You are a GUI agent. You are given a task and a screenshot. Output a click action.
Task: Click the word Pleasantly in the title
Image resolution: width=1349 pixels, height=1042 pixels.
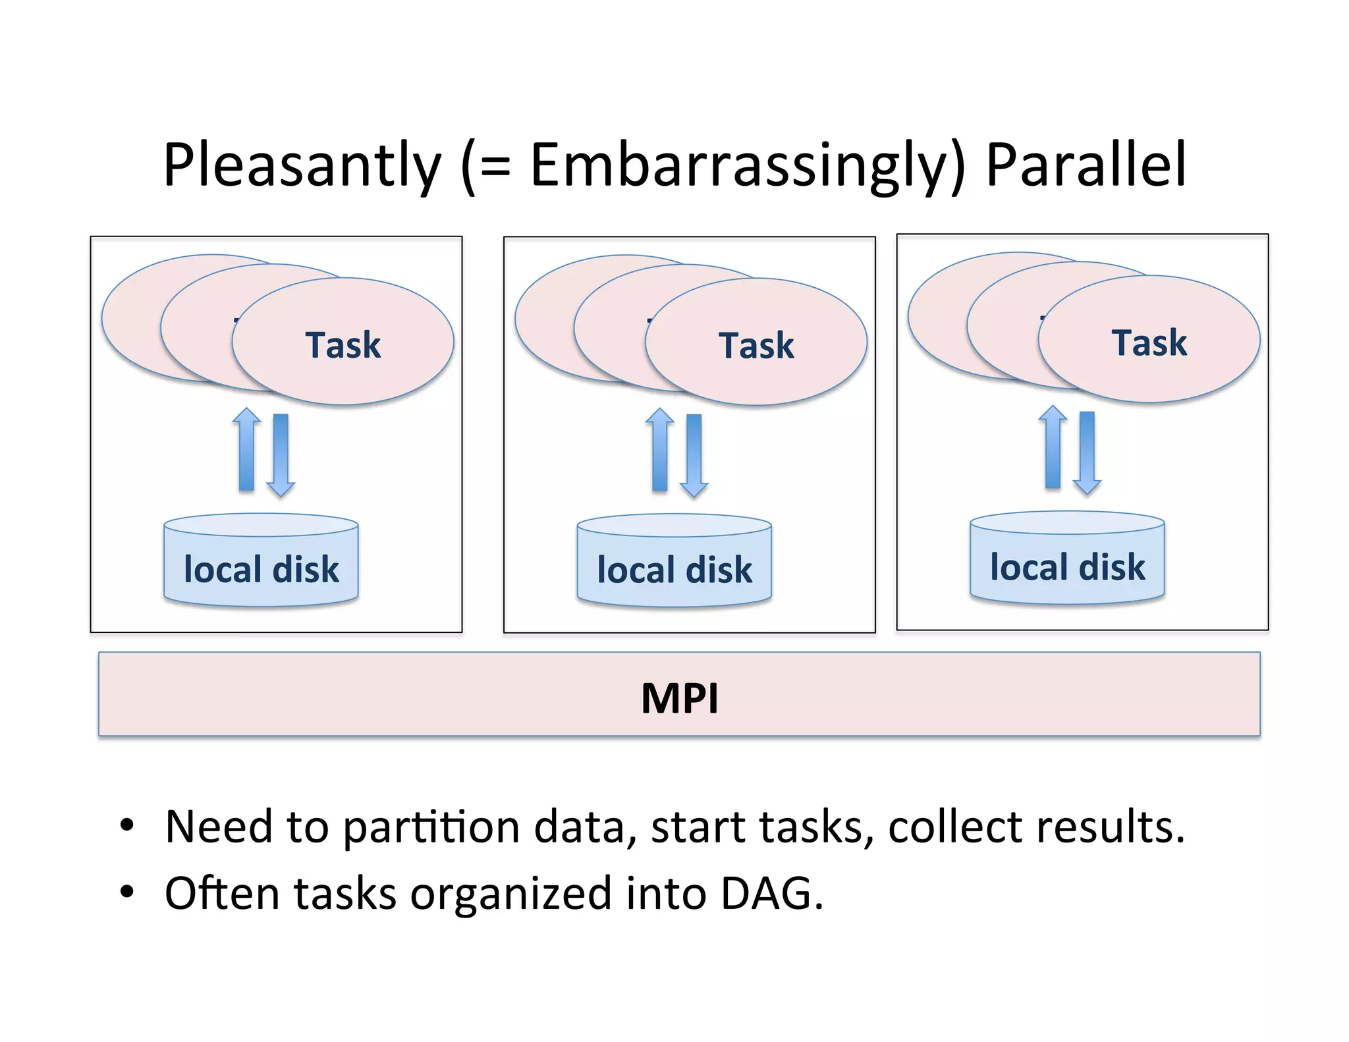tap(302, 165)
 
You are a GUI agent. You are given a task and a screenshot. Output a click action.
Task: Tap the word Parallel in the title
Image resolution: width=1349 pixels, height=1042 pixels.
tap(1086, 165)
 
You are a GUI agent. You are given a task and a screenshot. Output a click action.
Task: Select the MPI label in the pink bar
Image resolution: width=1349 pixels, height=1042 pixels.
tap(679, 698)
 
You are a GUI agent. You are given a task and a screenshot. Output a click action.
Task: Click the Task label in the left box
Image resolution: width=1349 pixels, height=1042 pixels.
tap(343, 344)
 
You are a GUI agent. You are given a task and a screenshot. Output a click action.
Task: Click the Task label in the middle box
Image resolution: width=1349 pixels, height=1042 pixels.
tap(756, 345)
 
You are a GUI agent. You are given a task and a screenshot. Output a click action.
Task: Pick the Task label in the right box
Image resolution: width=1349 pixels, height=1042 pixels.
tap(1149, 343)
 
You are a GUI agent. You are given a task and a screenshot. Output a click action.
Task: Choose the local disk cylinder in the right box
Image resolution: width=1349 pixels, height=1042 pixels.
tap(1067, 559)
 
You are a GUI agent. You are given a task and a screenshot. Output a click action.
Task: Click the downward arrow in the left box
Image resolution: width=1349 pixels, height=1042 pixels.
tap(281, 455)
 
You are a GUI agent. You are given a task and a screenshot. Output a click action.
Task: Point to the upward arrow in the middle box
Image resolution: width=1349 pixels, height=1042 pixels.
tap(659, 451)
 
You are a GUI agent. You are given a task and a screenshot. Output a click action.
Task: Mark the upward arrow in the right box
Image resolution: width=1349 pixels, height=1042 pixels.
tap(1053, 448)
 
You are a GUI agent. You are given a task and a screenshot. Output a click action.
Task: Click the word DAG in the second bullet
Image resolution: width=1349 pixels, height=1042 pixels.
tap(771, 894)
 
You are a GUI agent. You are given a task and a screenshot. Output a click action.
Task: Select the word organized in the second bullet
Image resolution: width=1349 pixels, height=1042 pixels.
tap(510, 894)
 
